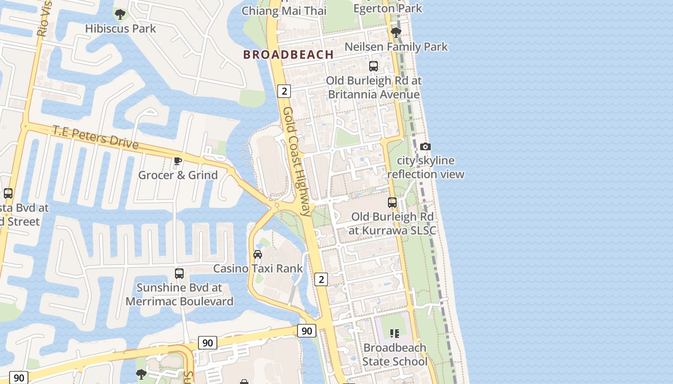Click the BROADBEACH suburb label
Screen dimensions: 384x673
pyautogui.click(x=288, y=55)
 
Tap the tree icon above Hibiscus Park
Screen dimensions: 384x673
pyautogui.click(x=120, y=14)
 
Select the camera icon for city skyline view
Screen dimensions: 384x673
pyautogui.click(x=425, y=146)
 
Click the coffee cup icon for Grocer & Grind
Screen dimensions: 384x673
pyautogui.click(x=178, y=161)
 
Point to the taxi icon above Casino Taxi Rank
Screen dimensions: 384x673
pyautogui.click(x=258, y=254)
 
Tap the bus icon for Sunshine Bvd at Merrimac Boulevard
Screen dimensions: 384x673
pyautogui.click(x=179, y=274)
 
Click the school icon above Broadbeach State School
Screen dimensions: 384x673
pyautogui.click(x=395, y=333)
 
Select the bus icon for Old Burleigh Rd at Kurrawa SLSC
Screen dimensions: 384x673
pyautogui.click(x=392, y=203)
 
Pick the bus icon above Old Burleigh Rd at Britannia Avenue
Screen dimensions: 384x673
pyautogui.click(x=374, y=66)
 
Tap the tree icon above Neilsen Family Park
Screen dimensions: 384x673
pyautogui.click(x=396, y=33)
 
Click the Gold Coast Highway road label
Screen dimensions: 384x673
pyautogui.click(x=297, y=161)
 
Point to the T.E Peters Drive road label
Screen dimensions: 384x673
pyautogui.click(x=95, y=137)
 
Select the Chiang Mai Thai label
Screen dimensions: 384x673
pyautogui.click(x=284, y=11)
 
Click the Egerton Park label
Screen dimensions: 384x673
pyautogui.click(x=387, y=8)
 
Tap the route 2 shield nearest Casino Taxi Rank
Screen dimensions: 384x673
pyautogui.click(x=321, y=279)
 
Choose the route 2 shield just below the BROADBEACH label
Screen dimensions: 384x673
pyautogui.click(x=284, y=91)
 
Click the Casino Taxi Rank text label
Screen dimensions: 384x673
pyautogui.click(x=258, y=268)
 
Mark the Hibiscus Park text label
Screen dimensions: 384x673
pyautogui.click(x=121, y=29)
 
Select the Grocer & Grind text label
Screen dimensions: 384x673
pyautogui.click(x=178, y=175)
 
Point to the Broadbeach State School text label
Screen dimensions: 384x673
pyautogui.click(x=395, y=354)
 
